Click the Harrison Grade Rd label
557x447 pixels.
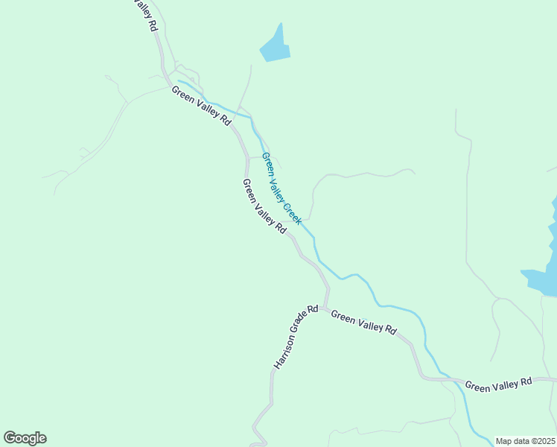click(296, 337)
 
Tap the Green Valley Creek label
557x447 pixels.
click(281, 188)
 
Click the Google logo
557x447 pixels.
click(25, 438)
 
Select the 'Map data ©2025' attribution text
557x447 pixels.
click(525, 441)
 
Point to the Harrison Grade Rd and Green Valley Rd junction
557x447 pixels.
click(325, 306)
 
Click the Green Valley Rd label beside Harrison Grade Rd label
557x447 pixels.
click(363, 323)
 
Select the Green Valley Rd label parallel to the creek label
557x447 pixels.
click(264, 206)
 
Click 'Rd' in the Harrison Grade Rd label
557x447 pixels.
click(314, 308)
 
